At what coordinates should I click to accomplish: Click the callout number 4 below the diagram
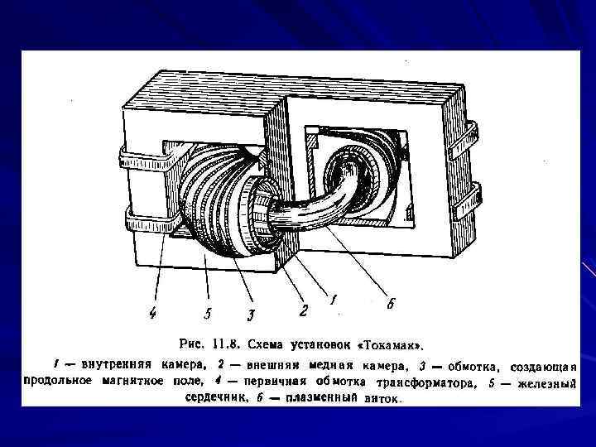pyautogui.click(x=153, y=313)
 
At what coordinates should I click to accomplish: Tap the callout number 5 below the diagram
pyautogui.click(x=208, y=314)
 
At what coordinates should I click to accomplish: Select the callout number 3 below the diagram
pyautogui.click(x=252, y=314)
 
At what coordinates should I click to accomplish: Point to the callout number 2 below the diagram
pyautogui.click(x=305, y=310)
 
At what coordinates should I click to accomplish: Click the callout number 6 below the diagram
pyautogui.click(x=390, y=304)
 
